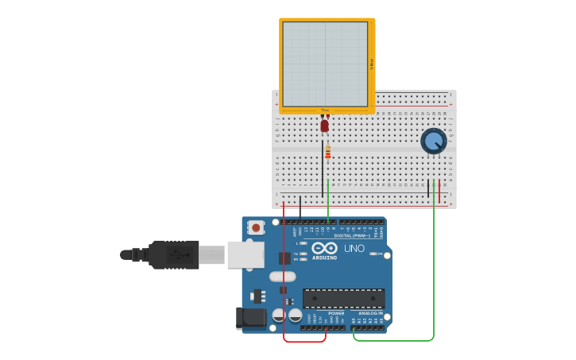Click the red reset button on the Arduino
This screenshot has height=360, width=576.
point(256,228)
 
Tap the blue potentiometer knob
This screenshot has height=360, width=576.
point(433,141)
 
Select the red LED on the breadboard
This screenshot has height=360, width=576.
point(324,125)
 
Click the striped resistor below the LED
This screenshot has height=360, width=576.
point(327,152)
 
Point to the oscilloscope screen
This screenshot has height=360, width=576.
point(325,64)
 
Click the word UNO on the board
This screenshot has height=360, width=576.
point(354,249)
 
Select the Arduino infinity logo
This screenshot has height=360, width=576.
point(324,248)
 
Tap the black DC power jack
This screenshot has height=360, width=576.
point(251,318)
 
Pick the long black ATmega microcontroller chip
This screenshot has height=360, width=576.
point(343,299)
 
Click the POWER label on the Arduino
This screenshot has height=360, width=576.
point(336,313)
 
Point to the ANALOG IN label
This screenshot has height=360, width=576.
point(369,313)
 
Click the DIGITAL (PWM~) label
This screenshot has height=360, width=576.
point(350,235)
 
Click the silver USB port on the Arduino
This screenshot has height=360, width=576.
point(245,254)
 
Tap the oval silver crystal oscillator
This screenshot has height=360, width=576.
point(282,277)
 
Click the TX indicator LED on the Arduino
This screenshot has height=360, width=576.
point(303,254)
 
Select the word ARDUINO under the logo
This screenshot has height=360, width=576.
point(324,257)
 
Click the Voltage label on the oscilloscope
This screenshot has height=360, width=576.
point(371,64)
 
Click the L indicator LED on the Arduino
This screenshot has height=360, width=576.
point(303,243)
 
